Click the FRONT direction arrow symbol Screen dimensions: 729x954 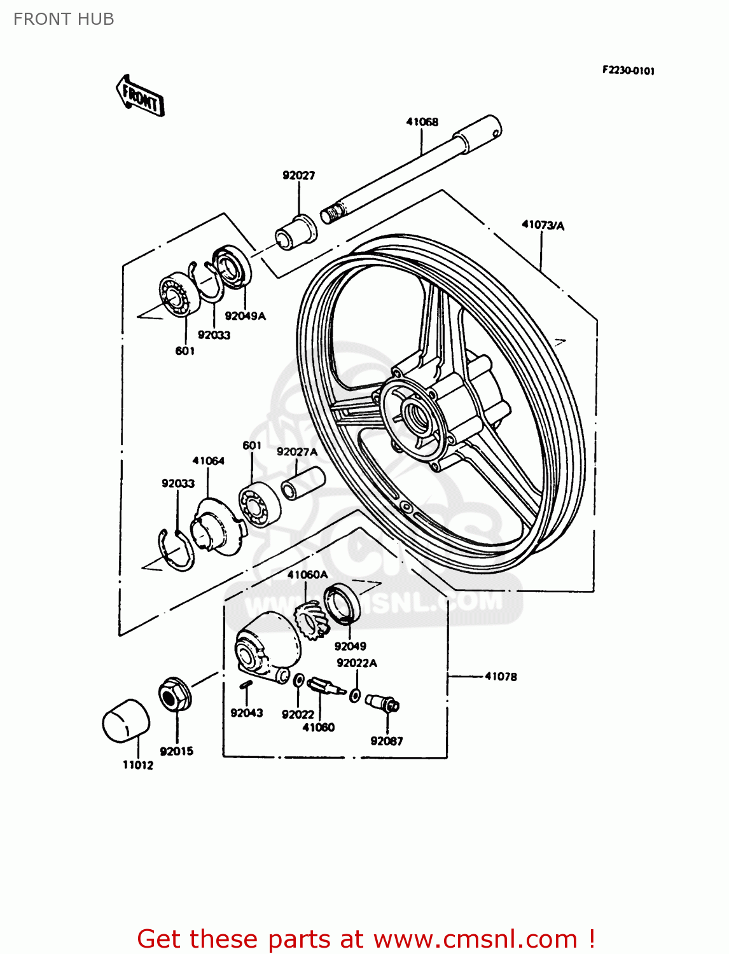pyautogui.click(x=141, y=96)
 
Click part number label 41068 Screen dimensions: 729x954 pyautogui.click(x=422, y=121)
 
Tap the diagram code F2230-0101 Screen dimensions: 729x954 pyautogui.click(x=628, y=71)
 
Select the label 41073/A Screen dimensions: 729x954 pyautogui.click(x=543, y=225)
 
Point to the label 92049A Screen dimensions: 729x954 pyautogui.click(x=245, y=315)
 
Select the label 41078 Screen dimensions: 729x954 pyautogui.click(x=501, y=677)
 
